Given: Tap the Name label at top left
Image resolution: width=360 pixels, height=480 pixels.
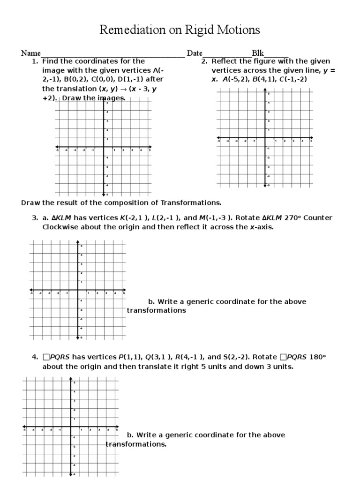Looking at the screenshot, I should (x=30, y=53).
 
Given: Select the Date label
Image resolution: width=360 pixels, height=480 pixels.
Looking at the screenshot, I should (x=195, y=53).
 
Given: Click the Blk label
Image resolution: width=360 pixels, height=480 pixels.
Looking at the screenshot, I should (x=258, y=53).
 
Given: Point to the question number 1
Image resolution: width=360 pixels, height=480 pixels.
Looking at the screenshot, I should (x=34, y=61).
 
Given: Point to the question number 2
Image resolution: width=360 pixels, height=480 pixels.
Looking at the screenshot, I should (x=204, y=61).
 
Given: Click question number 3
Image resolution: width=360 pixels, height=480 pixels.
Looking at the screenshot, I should (x=34, y=218).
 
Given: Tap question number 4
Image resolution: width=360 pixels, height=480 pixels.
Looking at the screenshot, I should (x=34, y=357).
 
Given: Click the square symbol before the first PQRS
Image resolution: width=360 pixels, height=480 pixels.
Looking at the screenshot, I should (x=45, y=357).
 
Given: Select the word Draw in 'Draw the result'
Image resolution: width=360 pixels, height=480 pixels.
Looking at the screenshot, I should (x=30, y=202).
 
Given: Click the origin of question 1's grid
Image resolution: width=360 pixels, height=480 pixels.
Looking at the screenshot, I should (x=103, y=149).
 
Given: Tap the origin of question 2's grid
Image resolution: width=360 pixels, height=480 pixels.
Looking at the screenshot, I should (x=265, y=139).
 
